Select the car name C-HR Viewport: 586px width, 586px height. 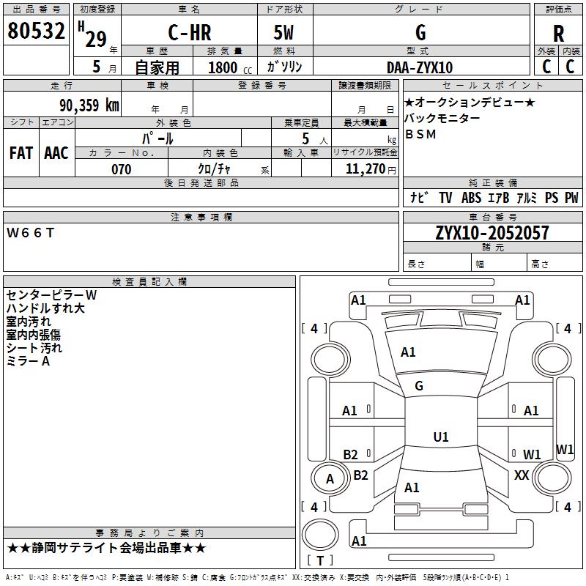pyautogui.click(x=190, y=33)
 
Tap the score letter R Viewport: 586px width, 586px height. pyautogui.click(x=558, y=34)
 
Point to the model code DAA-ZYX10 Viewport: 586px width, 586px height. pyautogui.click(x=420, y=67)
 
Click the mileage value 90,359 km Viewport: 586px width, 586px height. pyautogui.click(x=84, y=105)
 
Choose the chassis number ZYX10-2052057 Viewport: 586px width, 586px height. pyautogui.click(x=492, y=233)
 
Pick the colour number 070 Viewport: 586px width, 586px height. pyautogui.click(x=121, y=169)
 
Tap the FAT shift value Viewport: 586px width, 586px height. pyautogui.click(x=21, y=152)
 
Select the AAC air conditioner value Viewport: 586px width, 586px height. pyautogui.click(x=56, y=152)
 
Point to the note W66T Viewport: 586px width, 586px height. pyautogui.click(x=30, y=233)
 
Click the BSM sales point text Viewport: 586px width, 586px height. pyautogui.click(x=420, y=134)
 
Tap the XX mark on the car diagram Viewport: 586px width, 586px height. pyautogui.click(x=522, y=475)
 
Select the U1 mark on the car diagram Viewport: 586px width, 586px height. pyautogui.click(x=441, y=437)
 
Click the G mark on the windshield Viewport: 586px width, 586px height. pyautogui.click(x=420, y=385)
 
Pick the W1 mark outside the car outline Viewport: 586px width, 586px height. pyautogui.click(x=565, y=449)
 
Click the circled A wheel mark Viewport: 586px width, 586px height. pyautogui.click(x=330, y=479)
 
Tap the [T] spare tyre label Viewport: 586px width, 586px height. pyautogui.click(x=320, y=561)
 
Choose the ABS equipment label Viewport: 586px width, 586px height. pyautogui.click(x=471, y=198)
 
